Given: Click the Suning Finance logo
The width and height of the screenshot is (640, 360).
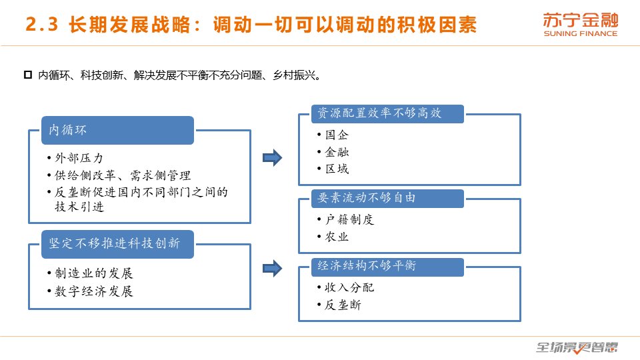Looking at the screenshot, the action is click(x=581, y=25).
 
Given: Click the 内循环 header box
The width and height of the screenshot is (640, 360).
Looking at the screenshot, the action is click(x=117, y=130).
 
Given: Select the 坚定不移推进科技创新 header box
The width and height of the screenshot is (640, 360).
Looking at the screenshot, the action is click(x=117, y=244).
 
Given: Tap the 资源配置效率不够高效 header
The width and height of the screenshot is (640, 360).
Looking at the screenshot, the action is click(x=387, y=113).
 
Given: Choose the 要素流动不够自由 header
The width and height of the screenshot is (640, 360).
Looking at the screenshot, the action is click(x=387, y=199).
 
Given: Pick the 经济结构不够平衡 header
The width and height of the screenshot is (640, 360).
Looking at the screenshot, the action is click(x=387, y=267).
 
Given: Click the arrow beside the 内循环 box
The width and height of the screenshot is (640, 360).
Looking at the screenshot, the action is click(x=272, y=157).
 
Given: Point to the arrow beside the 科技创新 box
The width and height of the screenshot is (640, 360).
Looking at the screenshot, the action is click(x=272, y=269).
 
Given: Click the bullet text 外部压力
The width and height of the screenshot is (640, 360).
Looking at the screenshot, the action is click(x=79, y=158).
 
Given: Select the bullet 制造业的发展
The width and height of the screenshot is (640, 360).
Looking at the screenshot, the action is click(x=94, y=273).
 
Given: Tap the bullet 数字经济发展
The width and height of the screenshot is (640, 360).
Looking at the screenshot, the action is click(x=94, y=291).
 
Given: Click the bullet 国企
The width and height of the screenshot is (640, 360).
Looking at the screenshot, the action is click(x=337, y=135).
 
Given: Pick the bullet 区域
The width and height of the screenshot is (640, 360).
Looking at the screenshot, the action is click(x=337, y=169).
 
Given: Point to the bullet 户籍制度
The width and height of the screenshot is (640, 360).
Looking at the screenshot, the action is click(x=349, y=219).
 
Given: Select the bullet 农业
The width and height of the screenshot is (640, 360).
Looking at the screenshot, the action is click(x=337, y=237).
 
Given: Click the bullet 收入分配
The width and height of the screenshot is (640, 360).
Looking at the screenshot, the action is click(x=349, y=288).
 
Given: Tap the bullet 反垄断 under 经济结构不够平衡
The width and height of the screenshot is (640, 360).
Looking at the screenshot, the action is click(x=343, y=305).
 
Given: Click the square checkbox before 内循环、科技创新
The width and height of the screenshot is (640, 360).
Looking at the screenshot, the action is click(x=28, y=75).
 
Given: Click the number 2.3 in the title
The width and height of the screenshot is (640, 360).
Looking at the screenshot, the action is click(x=41, y=25).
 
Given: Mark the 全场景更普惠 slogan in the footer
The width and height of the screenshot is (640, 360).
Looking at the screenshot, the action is click(x=577, y=347).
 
